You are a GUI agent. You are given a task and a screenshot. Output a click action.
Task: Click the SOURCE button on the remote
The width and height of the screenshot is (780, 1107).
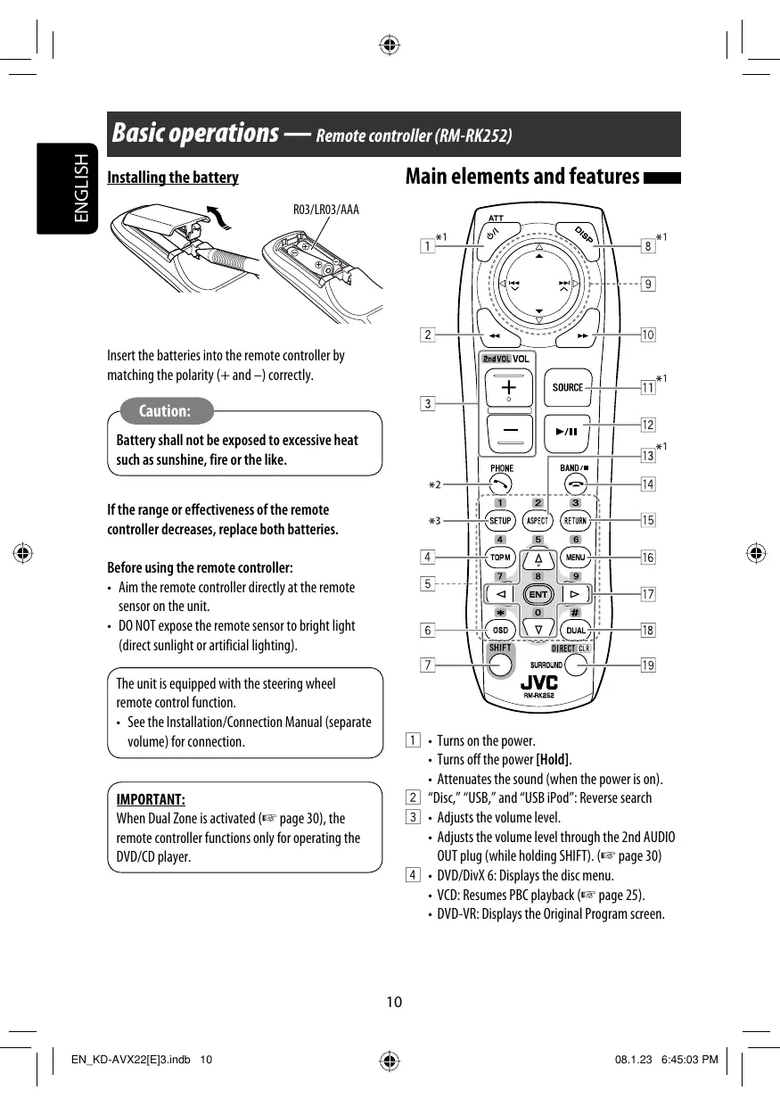coord(567,387)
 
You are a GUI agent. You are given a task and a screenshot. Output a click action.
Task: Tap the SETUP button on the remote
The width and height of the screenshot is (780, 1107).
coord(500,521)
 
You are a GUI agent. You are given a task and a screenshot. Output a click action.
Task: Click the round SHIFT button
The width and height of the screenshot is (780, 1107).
coord(501,664)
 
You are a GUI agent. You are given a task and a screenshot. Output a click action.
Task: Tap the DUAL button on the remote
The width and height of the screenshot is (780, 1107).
coord(576,631)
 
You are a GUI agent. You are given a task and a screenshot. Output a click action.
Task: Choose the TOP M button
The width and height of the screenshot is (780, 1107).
coord(500,558)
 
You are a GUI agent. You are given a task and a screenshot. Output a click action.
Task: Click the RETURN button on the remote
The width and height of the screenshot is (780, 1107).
coord(575,521)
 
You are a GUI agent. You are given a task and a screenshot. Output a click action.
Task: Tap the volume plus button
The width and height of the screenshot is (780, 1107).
coord(508,389)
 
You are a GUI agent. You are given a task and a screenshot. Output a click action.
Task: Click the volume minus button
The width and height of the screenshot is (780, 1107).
coord(508,431)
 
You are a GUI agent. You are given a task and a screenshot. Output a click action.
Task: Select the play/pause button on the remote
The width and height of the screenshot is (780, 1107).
coord(567,431)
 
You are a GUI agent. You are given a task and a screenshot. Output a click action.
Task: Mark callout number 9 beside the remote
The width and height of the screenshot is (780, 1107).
coord(648,285)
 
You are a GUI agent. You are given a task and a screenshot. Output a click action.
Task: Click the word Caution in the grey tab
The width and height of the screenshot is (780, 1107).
coord(165,411)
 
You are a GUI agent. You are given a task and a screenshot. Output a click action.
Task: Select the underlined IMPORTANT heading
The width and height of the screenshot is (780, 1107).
coord(151,798)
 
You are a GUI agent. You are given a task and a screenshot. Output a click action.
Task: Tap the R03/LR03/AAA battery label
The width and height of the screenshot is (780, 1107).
coord(326,210)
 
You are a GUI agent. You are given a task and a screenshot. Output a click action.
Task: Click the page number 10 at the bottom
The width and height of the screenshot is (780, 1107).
coord(394,1002)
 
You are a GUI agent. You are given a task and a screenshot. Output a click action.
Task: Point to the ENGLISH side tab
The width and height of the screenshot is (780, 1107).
coord(81,188)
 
